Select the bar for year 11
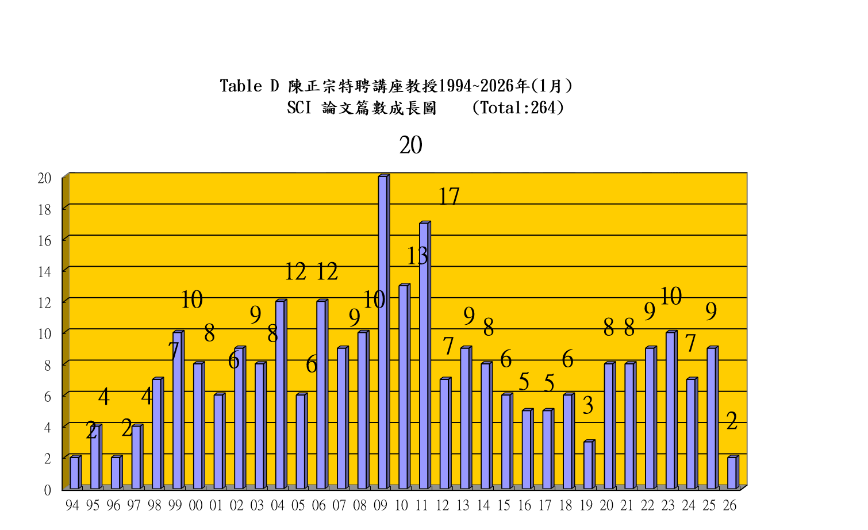point(424,356)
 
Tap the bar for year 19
point(588,465)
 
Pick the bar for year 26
point(732,473)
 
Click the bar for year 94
point(75,473)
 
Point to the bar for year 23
point(670,410)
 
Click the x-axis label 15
point(504,506)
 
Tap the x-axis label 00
point(195,506)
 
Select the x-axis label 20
point(606,506)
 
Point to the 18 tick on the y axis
point(45,210)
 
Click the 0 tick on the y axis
point(48,490)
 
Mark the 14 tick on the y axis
point(45,272)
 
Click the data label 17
point(449,197)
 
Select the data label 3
point(587,406)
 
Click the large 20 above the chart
point(410,145)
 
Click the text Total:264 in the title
point(517,108)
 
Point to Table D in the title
point(249,86)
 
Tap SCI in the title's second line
point(299,108)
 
